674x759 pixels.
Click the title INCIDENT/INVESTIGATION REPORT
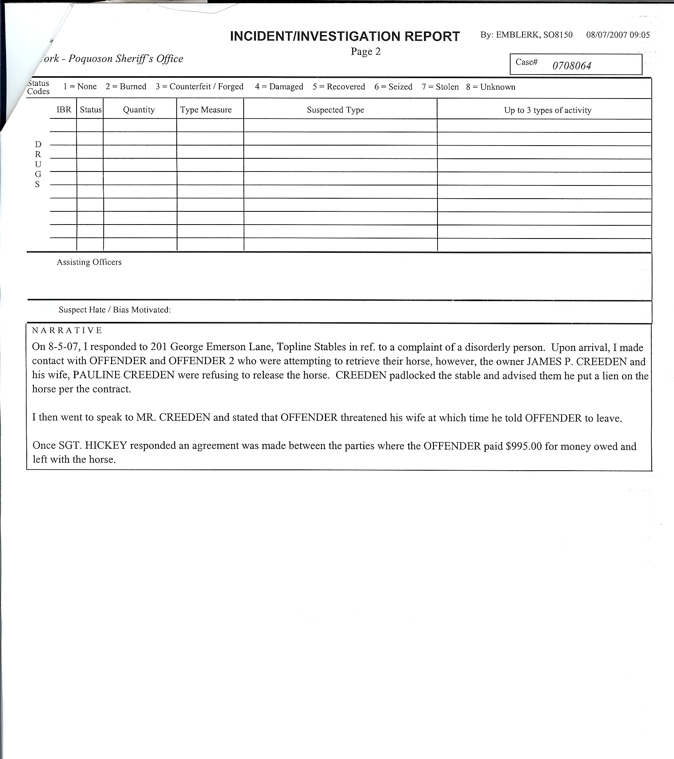[345, 36]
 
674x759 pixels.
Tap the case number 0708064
[572, 66]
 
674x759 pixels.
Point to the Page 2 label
[366, 52]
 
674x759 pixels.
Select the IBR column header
[64, 110]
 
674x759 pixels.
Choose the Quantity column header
[139, 110]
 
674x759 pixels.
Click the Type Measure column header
[206, 110]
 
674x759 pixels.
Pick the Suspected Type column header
[335, 110]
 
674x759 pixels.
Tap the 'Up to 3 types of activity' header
[548, 110]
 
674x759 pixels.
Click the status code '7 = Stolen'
[440, 87]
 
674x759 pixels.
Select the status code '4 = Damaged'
[279, 87]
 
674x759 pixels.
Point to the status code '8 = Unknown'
[491, 87]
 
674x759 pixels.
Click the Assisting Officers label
[89, 262]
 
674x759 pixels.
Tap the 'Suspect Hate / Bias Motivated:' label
[114, 310]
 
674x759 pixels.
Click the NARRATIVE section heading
[67, 331]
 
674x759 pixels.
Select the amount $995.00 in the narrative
[524, 446]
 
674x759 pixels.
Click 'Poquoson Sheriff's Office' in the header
[126, 59]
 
